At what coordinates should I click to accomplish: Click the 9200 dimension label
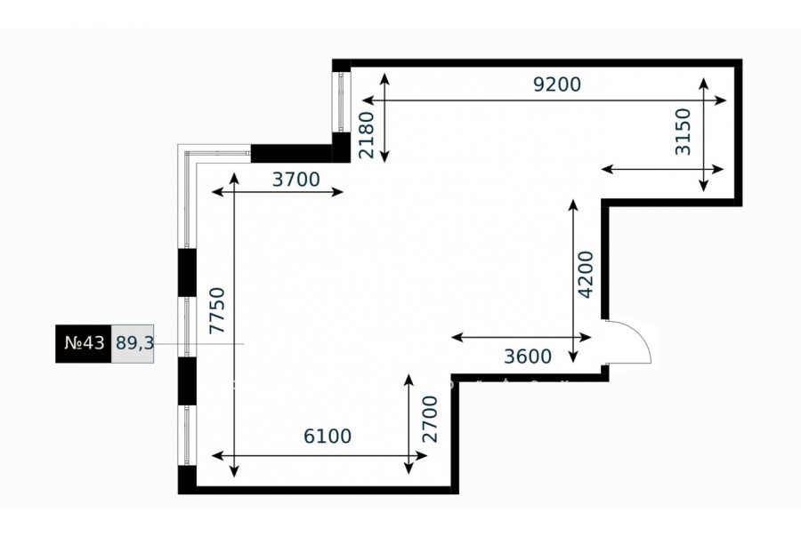[557, 84]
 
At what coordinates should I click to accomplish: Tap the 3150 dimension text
[683, 132]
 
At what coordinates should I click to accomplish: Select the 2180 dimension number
[367, 135]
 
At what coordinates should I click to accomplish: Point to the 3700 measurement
[295, 180]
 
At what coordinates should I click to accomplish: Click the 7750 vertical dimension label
[217, 310]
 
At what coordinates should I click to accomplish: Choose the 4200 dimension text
[586, 274]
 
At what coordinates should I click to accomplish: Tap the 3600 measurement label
[528, 357]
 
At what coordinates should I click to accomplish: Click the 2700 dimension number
[430, 419]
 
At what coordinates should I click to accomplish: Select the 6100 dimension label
[328, 436]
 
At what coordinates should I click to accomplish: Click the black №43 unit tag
[84, 343]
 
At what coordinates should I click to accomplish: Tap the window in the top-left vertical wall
[341, 102]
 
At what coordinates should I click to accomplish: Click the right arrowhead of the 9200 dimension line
[720, 100]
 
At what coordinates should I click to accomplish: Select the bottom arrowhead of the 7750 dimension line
[234, 472]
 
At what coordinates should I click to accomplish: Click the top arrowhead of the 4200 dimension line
[574, 205]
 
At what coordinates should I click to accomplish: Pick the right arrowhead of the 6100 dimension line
[421, 455]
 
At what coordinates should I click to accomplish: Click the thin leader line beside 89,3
[199, 343]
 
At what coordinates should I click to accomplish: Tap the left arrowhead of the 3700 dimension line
[218, 192]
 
